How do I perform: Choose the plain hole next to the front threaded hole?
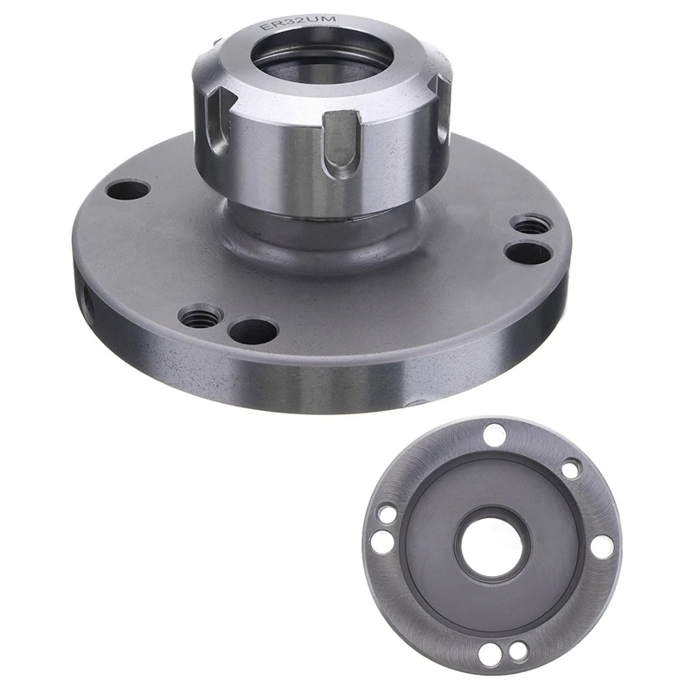coord(253,330)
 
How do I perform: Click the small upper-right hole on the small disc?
coord(571,470)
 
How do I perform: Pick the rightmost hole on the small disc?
coord(604,547)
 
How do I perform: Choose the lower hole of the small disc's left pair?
coord(381,542)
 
